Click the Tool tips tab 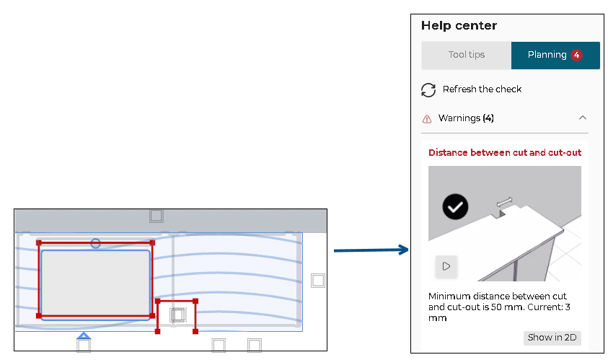click(466, 55)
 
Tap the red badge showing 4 click(576, 55)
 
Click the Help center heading click(459, 25)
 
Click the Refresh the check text click(482, 89)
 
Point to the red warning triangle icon click(427, 118)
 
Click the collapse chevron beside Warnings click(583, 118)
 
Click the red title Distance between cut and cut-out click(505, 152)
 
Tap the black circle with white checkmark click(455, 207)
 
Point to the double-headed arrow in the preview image click(505, 201)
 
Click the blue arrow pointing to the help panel click(371, 250)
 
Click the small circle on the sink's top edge click(96, 243)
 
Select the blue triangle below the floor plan click(84, 335)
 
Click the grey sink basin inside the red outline click(95, 281)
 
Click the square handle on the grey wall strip click(157, 216)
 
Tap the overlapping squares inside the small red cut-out click(177, 315)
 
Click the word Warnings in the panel click(459, 118)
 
